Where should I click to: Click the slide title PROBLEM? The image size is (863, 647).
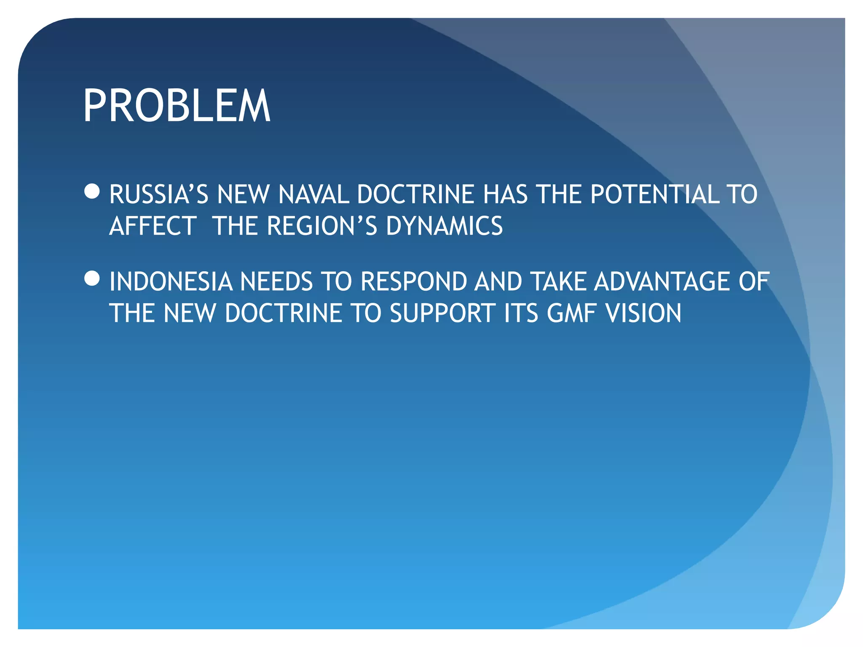tap(177, 106)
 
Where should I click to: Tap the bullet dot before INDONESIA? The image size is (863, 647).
tap(92, 278)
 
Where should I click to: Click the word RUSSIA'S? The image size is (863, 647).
tap(159, 195)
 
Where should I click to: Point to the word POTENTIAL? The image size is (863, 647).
tap(655, 195)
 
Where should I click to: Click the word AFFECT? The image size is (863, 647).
tap(153, 226)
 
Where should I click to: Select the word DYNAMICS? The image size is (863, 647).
tap(444, 226)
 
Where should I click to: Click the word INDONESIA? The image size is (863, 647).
tap(171, 282)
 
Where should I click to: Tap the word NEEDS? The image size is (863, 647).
tap(276, 282)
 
